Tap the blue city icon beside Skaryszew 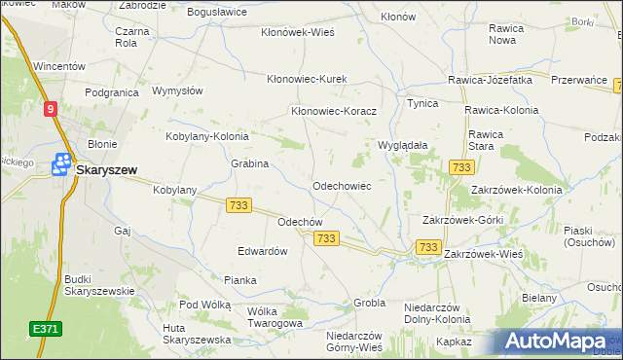pos(63,165)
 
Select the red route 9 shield pos(50,110)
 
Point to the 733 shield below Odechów pos(326,238)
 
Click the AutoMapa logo pos(558,342)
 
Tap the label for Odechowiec pos(341,185)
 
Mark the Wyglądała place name pos(403,145)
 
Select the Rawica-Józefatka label pos(490,80)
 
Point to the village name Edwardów pos(263,251)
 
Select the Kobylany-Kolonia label pos(207,137)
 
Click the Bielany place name pos(538,298)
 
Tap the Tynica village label pos(422,103)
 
